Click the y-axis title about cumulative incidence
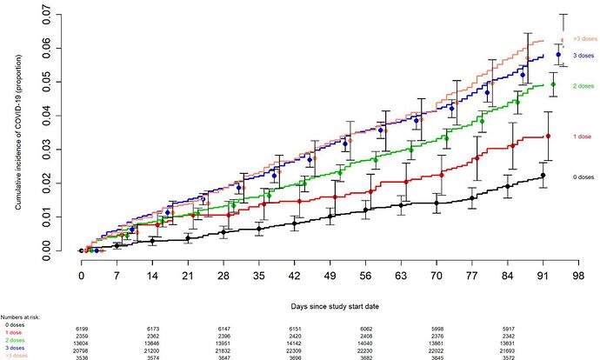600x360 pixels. [17, 130]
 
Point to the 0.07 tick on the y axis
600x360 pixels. [67, 15]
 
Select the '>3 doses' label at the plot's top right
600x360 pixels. [583, 39]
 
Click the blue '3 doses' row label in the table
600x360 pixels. [15, 348]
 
